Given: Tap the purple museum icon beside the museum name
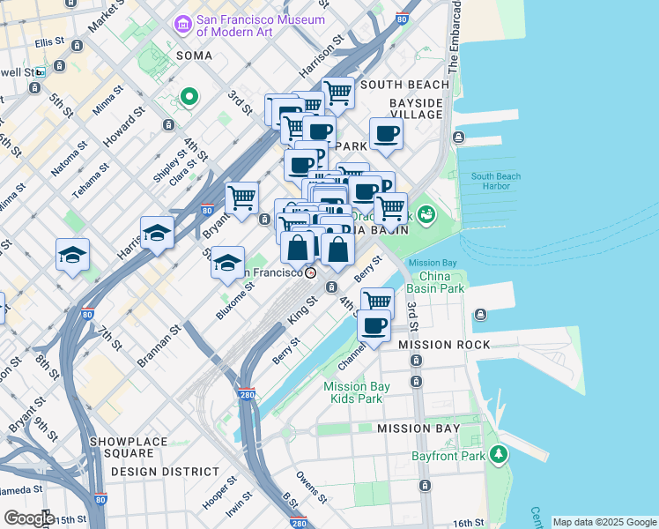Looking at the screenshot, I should (183, 23).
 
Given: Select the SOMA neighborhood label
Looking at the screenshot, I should (195, 55).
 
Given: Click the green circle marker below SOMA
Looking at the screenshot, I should (188, 96).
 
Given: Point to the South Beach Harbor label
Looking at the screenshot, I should (496, 182).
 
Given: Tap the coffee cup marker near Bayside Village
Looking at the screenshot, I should (387, 134).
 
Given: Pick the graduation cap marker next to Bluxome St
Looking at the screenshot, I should (227, 262).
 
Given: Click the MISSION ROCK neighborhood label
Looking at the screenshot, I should (437, 345).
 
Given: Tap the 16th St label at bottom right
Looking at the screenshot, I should (465, 524).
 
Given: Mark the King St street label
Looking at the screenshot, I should (305, 311).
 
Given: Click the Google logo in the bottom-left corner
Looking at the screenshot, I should (28, 518).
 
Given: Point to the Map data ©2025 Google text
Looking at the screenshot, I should (603, 522).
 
